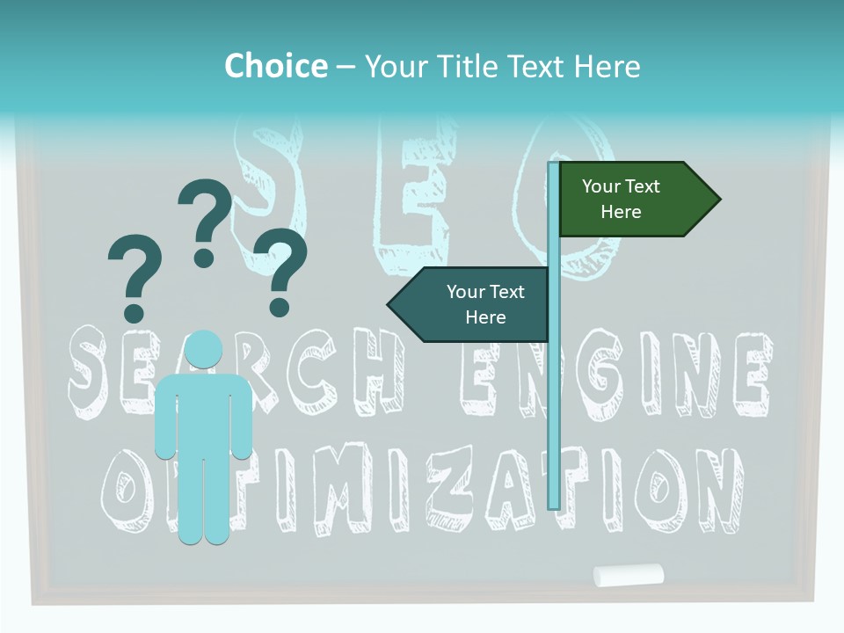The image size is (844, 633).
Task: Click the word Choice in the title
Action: coord(275,66)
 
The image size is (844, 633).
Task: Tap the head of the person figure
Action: coord(204,350)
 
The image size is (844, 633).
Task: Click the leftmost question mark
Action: coord(134,276)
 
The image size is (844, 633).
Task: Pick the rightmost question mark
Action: coord(280,269)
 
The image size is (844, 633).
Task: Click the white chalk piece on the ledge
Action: coord(628,575)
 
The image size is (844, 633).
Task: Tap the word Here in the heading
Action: coord(608,66)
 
